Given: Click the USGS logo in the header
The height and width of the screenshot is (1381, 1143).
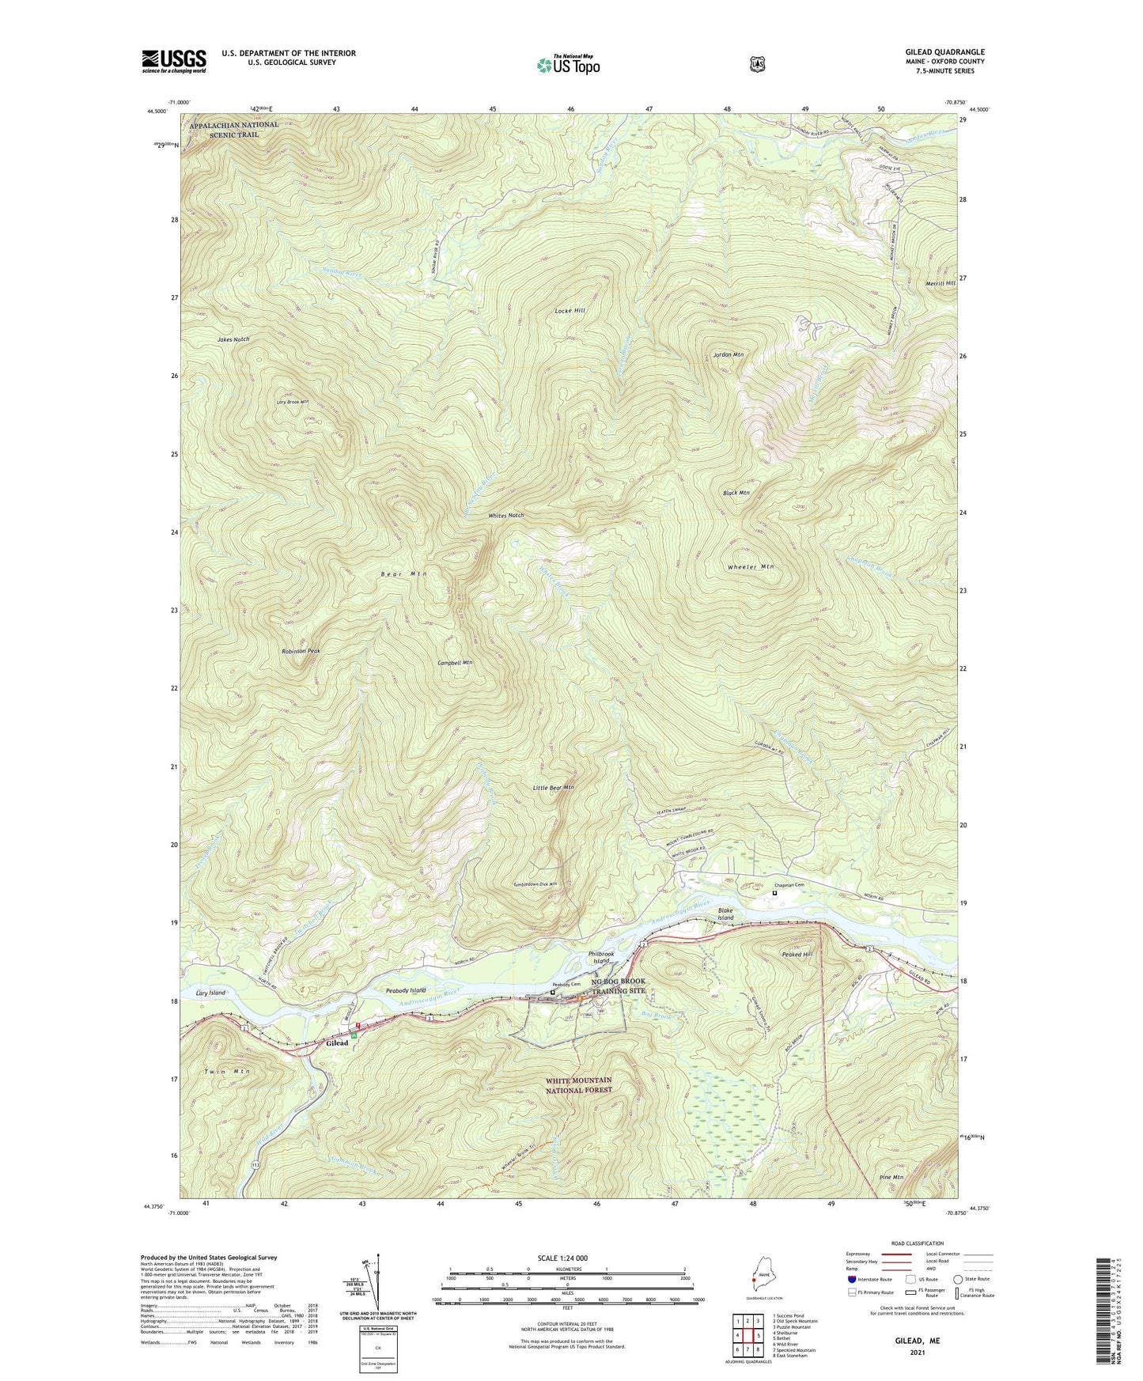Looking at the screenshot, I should pyautogui.click(x=174, y=61).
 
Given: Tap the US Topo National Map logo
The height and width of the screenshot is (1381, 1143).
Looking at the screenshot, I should pyautogui.click(x=568, y=65).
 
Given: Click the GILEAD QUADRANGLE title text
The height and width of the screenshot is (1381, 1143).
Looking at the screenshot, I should pyautogui.click(x=944, y=52).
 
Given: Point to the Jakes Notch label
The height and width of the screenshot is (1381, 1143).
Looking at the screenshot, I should pyautogui.click(x=233, y=339).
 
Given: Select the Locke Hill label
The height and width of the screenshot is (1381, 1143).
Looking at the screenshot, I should pyautogui.click(x=570, y=312).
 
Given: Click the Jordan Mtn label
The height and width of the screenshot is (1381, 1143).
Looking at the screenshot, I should pyautogui.click(x=728, y=355).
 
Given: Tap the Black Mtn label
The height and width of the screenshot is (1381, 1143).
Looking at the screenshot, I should pyautogui.click(x=736, y=493).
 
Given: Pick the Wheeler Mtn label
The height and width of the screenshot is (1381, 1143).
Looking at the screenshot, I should pyautogui.click(x=750, y=567).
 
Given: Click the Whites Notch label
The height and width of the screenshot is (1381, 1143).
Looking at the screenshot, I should pyautogui.click(x=506, y=516).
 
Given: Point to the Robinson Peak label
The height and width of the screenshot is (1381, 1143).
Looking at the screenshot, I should pyautogui.click(x=301, y=651).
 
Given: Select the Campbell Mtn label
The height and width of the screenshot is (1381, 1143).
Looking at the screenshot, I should pyautogui.click(x=455, y=663).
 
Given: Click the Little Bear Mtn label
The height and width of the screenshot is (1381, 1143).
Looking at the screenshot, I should pyautogui.click(x=553, y=788).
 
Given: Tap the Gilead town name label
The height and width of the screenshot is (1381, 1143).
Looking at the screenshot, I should pyautogui.click(x=338, y=1043).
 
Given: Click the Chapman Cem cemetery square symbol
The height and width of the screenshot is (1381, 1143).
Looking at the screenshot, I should pyautogui.click(x=774, y=893).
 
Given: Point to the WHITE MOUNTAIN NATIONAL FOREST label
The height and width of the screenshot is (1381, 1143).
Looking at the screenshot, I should pyautogui.click(x=578, y=1085).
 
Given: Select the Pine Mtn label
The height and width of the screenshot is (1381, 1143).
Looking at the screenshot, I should pyautogui.click(x=891, y=1177).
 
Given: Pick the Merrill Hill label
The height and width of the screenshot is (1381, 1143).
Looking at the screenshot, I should pyautogui.click(x=941, y=283).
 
